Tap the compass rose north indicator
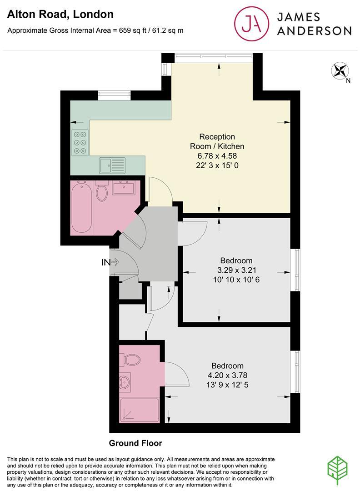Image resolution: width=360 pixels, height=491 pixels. tap(339, 71)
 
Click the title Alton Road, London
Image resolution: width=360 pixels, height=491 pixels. tap(60, 14)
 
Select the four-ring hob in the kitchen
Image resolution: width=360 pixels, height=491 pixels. tap(80, 142)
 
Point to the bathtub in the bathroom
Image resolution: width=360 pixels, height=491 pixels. tap(81, 207)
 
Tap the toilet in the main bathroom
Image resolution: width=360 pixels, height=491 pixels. tap(102, 191)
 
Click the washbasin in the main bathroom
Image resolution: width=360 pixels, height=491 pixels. tap(122, 187)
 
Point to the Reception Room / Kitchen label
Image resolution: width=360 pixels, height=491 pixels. tap(217, 141)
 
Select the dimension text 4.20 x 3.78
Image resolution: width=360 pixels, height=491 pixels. tap(227, 376)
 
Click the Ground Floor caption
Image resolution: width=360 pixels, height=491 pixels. tap(135, 443)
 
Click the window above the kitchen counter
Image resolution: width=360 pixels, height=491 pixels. tap(115, 95)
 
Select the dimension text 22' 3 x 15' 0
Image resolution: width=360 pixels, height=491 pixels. tap(217, 165)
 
